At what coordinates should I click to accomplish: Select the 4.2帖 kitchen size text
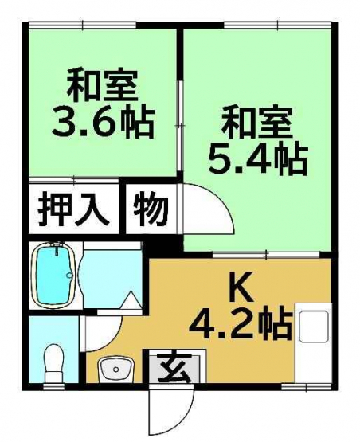click(x=240, y=325)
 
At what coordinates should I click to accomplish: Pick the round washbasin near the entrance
click(x=116, y=369)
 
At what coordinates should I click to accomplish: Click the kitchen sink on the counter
click(x=314, y=327)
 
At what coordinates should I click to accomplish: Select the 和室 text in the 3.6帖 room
click(x=103, y=87)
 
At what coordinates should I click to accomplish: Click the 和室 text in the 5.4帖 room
click(x=256, y=124)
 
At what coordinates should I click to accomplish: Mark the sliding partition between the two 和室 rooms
click(x=179, y=127)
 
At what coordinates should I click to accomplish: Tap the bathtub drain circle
click(x=69, y=276)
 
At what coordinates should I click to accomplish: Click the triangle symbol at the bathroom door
click(x=131, y=300)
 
